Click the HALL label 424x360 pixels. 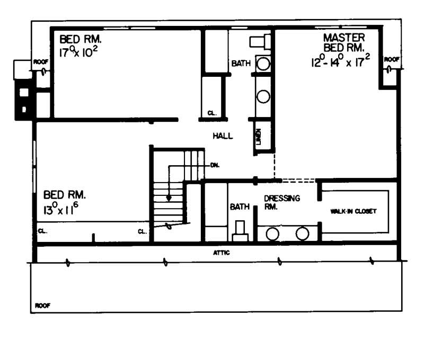[223, 136]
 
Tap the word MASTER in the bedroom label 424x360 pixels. [344, 38]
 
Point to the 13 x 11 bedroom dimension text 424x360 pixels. [61, 208]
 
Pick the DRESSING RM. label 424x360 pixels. [282, 202]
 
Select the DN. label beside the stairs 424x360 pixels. [215, 165]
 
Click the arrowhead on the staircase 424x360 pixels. [169, 199]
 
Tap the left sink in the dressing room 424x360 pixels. [273, 233]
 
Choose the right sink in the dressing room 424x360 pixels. [302, 233]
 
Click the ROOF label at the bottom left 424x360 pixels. [42, 305]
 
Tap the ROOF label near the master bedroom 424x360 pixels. [392, 59]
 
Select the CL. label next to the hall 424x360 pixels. [211, 113]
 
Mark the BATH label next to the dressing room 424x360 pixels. [240, 207]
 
